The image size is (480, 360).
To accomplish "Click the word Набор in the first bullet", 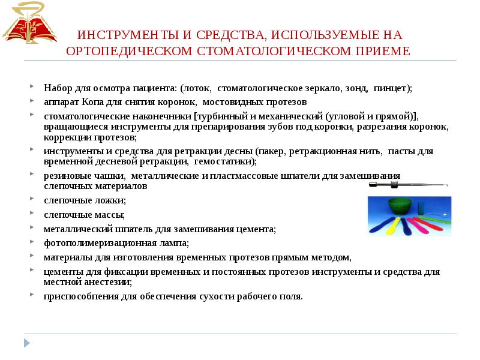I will [x=57, y=88].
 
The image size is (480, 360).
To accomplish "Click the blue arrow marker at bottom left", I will [x=26, y=343].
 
